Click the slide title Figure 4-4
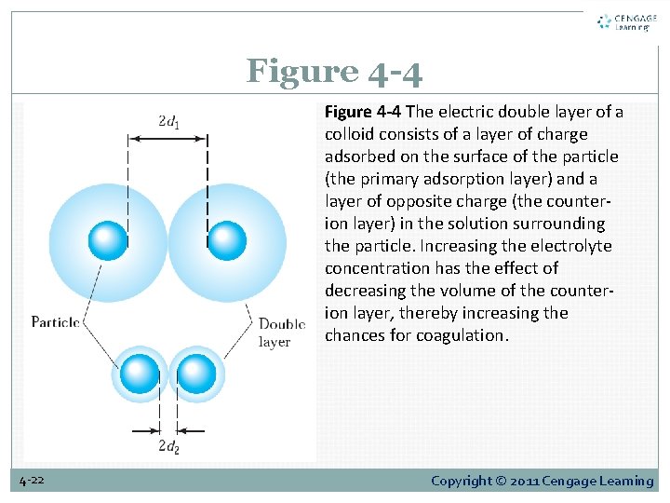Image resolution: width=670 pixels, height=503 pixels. [x=334, y=71]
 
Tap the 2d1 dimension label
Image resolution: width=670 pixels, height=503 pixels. [x=168, y=121]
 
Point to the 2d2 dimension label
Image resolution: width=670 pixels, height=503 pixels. [x=168, y=446]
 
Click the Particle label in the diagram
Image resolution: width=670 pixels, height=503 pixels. [x=55, y=322]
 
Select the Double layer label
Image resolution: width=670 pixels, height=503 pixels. [x=282, y=333]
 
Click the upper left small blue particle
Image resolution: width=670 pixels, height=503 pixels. [x=108, y=240]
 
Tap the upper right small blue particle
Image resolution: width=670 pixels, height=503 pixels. [x=227, y=240]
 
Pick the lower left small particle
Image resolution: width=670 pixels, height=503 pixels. [x=140, y=374]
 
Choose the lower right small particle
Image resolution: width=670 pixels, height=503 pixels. [x=196, y=374]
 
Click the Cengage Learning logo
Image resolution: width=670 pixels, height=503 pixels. [x=626, y=21]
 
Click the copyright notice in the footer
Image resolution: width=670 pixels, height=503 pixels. [x=542, y=481]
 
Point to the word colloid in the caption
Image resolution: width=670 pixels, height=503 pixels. [x=350, y=134]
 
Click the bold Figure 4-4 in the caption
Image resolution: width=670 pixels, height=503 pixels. [x=363, y=112]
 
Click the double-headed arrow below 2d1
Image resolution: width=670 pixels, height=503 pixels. [x=168, y=139]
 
